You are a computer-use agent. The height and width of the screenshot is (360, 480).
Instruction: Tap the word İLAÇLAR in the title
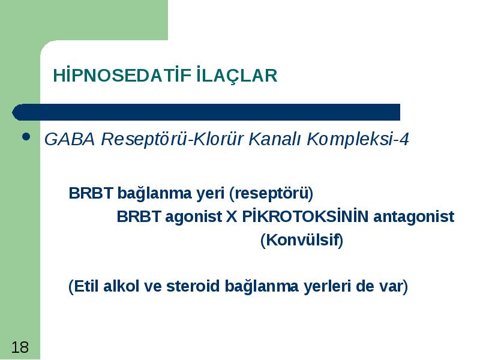[x=236, y=76]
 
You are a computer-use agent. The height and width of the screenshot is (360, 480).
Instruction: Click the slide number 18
[x=20, y=347]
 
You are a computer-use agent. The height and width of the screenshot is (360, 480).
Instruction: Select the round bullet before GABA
[x=26, y=137]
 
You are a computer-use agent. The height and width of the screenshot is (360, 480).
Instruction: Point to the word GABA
[x=70, y=139]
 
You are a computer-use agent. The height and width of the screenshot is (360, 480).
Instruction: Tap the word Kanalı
[x=275, y=139]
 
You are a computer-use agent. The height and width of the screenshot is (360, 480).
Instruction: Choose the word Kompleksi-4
[x=358, y=140]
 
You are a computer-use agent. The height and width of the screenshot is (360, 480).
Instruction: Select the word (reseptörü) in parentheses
[x=271, y=193]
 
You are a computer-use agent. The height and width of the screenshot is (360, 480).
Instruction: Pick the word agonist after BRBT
[x=193, y=217]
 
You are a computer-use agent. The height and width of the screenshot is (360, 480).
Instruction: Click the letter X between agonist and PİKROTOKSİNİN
[x=232, y=217]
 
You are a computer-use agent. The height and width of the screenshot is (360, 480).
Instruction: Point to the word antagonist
[x=413, y=217]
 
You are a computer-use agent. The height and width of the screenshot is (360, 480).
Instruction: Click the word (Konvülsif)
[x=302, y=240]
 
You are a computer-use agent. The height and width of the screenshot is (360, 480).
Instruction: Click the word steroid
[x=193, y=286]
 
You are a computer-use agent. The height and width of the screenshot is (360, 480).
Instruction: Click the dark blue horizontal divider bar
[x=206, y=112]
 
